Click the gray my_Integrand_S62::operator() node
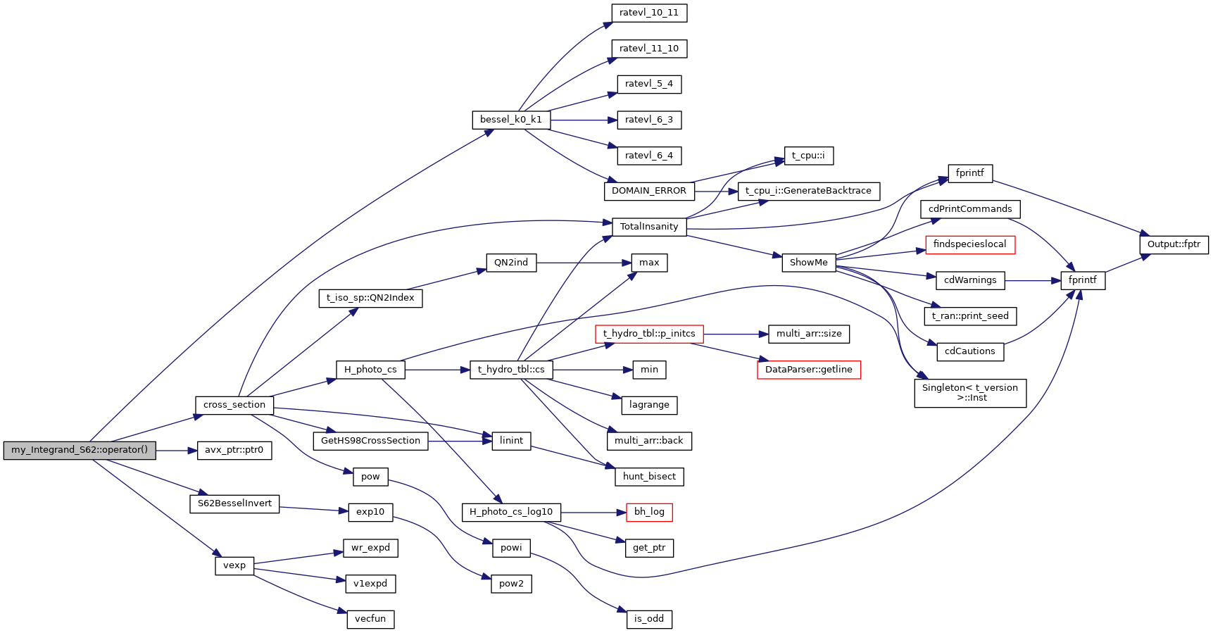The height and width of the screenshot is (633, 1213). pyautogui.click(x=80, y=450)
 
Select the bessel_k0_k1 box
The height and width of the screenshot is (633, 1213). pyautogui.click(x=511, y=120)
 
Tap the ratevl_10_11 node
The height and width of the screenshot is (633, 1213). pyautogui.click(x=649, y=13)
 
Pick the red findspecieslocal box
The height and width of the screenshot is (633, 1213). pyautogui.click(x=969, y=244)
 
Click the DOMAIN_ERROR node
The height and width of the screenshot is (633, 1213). pyautogui.click(x=648, y=191)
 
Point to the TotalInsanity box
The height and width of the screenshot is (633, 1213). pyautogui.click(x=649, y=227)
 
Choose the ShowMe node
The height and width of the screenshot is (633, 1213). pyautogui.click(x=808, y=263)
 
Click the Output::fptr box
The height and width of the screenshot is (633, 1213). pyautogui.click(x=1174, y=244)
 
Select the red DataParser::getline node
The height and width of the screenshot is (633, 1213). pyautogui.click(x=808, y=370)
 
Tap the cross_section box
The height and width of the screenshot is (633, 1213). pyautogui.click(x=234, y=405)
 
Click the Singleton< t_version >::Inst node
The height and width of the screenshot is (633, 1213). pyautogui.click(x=969, y=393)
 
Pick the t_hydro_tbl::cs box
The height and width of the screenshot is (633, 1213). pyautogui.click(x=511, y=370)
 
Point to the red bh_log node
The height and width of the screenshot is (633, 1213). pyautogui.click(x=649, y=512)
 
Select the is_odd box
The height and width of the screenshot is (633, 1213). pyautogui.click(x=649, y=619)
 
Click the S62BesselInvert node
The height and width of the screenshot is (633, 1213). pyautogui.click(x=234, y=503)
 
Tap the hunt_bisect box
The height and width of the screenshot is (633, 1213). pyautogui.click(x=649, y=477)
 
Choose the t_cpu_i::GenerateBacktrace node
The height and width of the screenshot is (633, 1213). pyautogui.click(x=808, y=191)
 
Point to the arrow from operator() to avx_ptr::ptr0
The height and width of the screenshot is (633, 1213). pyautogui.click(x=176, y=450)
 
